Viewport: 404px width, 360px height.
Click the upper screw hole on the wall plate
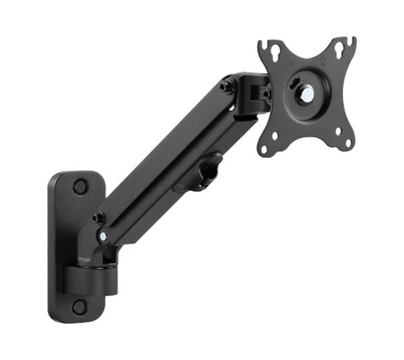pyautogui.click(x=80, y=186)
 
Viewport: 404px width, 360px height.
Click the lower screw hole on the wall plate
pyautogui.click(x=80, y=307)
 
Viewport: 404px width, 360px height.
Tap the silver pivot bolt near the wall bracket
pyautogui.click(x=103, y=236)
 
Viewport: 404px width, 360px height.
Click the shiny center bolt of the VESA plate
pyautogui.click(x=305, y=96)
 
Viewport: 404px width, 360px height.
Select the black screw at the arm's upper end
pyautogui.click(x=226, y=87)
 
